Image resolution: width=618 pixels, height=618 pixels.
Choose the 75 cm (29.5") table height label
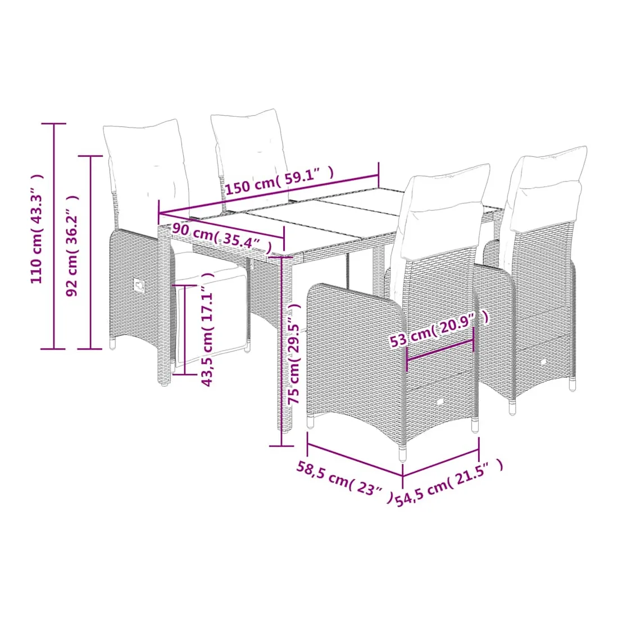pyautogui.click(x=295, y=353)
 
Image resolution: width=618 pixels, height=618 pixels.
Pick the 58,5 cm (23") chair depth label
pyautogui.click(x=345, y=481)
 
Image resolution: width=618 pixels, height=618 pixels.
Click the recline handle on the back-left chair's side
pyautogui.click(x=139, y=285)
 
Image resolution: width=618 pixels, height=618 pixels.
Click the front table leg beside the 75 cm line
pyautogui.click(x=287, y=343)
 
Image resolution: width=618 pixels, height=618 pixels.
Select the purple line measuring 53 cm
pyautogui.click(x=440, y=349)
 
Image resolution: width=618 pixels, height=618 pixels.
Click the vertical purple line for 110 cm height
pyautogui.click(x=53, y=236)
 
